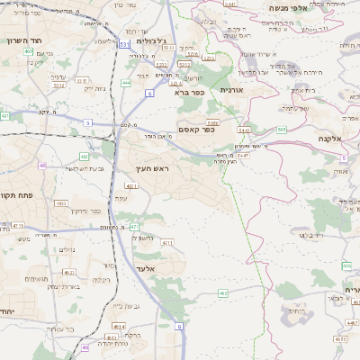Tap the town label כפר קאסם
click(x=196, y=130)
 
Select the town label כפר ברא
click(x=190, y=91)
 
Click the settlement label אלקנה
click(x=331, y=139)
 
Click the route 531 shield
click(x=123, y=42)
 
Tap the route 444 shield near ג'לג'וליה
click(x=126, y=82)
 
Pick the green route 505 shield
click(x=282, y=130)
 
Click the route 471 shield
click(x=134, y=227)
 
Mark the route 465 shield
click(x=222, y=292)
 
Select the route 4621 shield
click(x=67, y=272)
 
